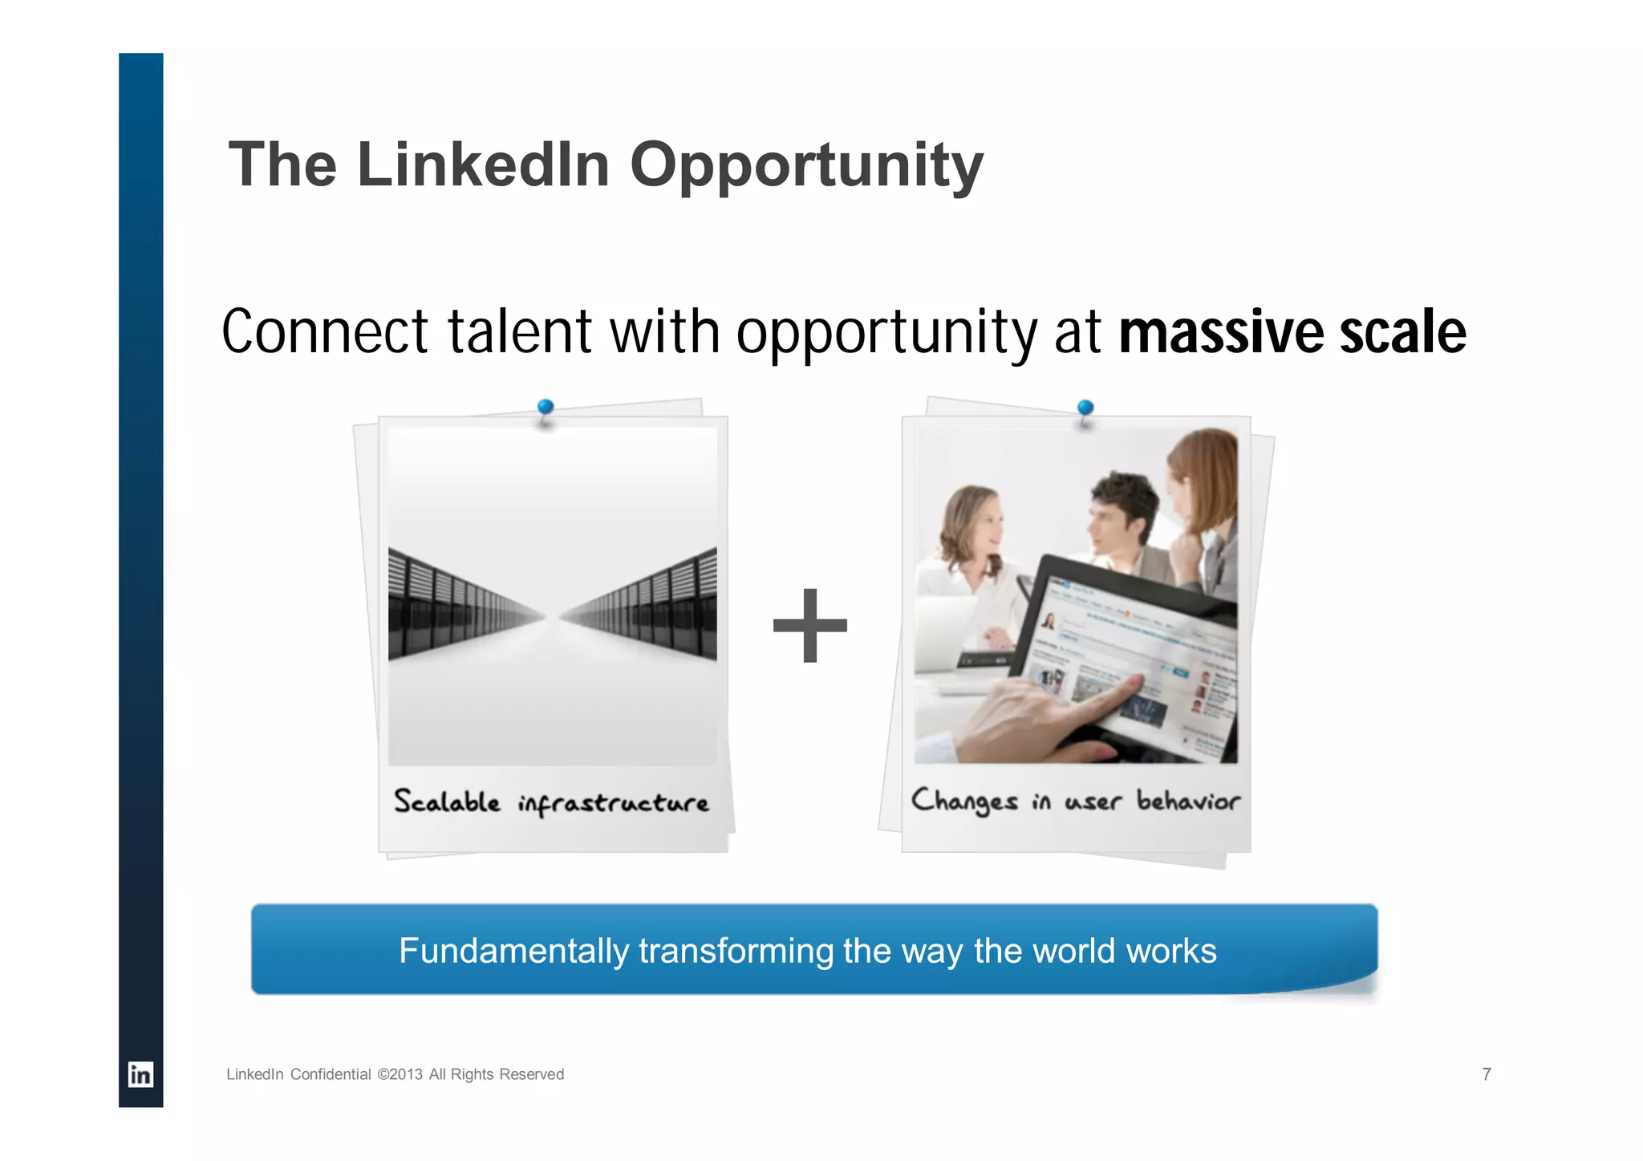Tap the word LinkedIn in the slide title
(483, 165)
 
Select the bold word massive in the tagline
(1219, 332)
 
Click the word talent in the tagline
(519, 332)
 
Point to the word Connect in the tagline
(325, 332)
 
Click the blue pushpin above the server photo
(546, 408)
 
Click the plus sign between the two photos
(809, 626)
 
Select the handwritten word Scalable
(447, 802)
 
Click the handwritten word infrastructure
(614, 803)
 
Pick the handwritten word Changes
(964, 801)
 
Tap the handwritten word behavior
(1188, 800)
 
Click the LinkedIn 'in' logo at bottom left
(140, 1074)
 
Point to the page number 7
(1487, 1074)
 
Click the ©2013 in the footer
(400, 1074)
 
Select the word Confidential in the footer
(331, 1074)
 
